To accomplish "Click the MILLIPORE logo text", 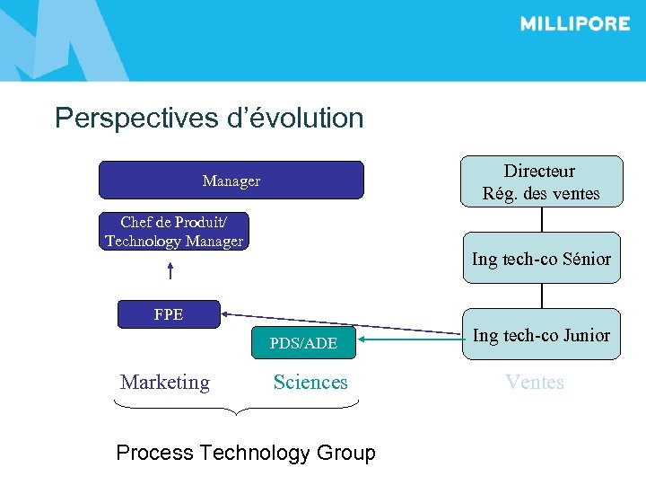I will click(574, 24).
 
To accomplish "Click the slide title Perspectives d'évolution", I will click(209, 119).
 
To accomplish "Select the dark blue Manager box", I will click(231, 181).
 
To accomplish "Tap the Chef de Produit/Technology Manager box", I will click(174, 232).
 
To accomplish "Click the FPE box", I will click(169, 314).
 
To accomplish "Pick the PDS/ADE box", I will click(303, 343).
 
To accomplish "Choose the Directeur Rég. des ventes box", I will click(540, 182).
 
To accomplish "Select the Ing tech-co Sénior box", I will click(541, 259).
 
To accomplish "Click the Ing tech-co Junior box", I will click(541, 335).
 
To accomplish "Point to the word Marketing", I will click(165, 383).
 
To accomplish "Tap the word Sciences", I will click(310, 383).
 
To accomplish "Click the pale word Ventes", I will click(535, 383).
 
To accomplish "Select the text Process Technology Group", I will click(246, 453).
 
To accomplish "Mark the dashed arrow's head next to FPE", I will click(227, 313).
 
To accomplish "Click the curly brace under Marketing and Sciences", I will click(237, 408).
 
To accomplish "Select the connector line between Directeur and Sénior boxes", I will click(541, 220).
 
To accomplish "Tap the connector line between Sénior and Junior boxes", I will click(541, 296).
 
